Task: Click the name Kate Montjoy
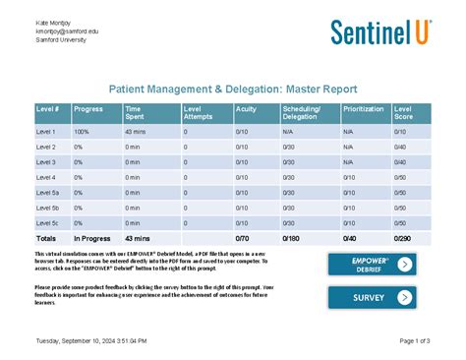pyautogui.click(x=55, y=22)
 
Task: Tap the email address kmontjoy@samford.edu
pyautogui.click(x=67, y=30)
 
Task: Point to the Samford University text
pyautogui.click(x=61, y=39)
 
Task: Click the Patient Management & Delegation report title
pyautogui.click(x=232, y=89)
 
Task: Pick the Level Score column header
pyautogui.click(x=405, y=112)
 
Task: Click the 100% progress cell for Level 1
pyautogui.click(x=82, y=131)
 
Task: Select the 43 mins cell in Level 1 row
pyautogui.click(x=136, y=131)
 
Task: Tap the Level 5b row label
pyautogui.click(x=48, y=208)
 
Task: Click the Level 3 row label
pyautogui.click(x=46, y=161)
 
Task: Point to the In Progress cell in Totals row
pyautogui.click(x=91, y=238)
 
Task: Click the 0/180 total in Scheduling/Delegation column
pyautogui.click(x=292, y=238)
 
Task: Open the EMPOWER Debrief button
pyautogui.click(x=372, y=264)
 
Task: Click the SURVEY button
pyautogui.click(x=372, y=297)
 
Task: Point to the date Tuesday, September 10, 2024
pyautogui.click(x=90, y=340)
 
